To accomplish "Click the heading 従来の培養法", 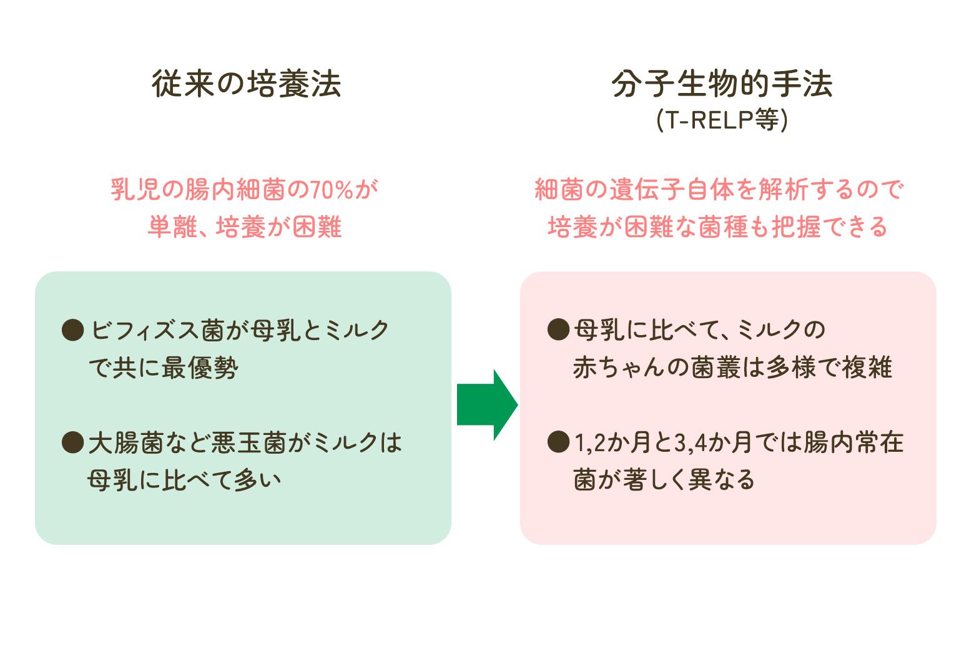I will [x=247, y=84].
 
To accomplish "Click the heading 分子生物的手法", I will [x=722, y=84].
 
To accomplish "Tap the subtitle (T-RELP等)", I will [x=722, y=119].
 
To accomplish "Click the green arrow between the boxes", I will [x=487, y=405].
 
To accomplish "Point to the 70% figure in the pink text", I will [x=332, y=190].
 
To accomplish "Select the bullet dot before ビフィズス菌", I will [x=73, y=329].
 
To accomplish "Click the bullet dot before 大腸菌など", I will [x=73, y=442].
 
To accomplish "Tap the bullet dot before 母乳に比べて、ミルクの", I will [x=558, y=329].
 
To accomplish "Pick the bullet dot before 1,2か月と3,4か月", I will [x=558, y=442].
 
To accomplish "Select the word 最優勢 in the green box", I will [x=200, y=368].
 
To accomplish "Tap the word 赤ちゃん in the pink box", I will [x=618, y=368].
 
